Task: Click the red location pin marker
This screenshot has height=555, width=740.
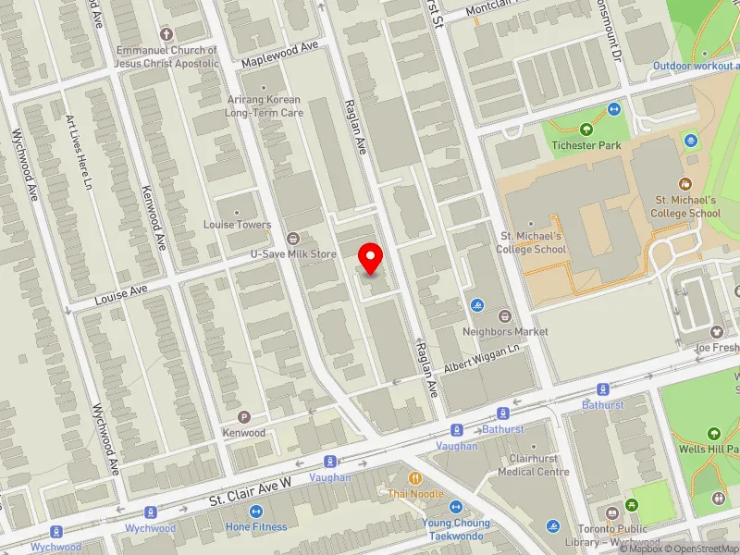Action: click(371, 258)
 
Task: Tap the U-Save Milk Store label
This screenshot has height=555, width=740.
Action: click(293, 253)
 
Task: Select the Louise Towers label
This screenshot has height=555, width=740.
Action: click(238, 225)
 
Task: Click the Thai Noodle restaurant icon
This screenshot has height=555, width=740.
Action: click(415, 478)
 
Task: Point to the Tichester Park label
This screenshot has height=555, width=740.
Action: click(586, 145)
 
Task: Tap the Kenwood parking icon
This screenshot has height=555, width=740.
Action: click(244, 417)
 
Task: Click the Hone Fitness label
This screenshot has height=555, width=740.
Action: click(256, 526)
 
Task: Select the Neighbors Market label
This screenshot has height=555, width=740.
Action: click(499, 330)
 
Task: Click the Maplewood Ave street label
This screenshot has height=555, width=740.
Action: click(279, 54)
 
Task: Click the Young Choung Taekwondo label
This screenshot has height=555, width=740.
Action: click(456, 529)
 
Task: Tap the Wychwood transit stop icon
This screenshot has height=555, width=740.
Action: click(149, 512)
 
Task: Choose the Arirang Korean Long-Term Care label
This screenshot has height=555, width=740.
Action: click(265, 105)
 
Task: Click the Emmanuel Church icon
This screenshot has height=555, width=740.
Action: click(166, 33)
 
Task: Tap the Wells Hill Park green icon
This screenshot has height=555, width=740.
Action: click(713, 433)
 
